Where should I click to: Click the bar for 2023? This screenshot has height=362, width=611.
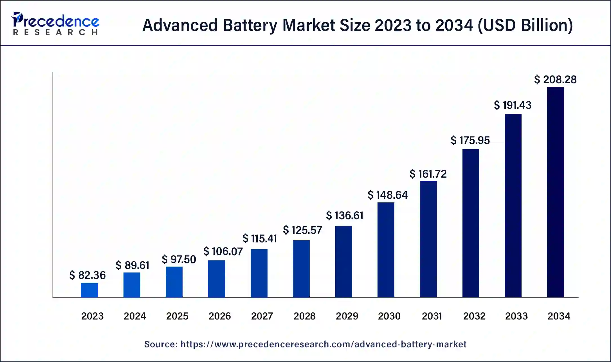89,290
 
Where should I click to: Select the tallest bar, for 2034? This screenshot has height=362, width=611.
555,192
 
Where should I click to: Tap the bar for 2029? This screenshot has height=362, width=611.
343,262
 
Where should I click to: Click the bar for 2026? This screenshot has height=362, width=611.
217,279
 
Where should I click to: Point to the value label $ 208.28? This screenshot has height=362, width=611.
555,80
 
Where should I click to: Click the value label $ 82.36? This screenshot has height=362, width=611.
87,275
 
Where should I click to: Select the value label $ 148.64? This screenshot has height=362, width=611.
388,195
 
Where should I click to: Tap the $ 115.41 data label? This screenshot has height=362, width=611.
260,239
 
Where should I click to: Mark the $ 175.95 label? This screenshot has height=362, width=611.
470,140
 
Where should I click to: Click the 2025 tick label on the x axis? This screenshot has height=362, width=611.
177,316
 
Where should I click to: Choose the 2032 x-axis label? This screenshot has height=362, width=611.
474,316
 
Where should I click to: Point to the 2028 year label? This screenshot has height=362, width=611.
304,316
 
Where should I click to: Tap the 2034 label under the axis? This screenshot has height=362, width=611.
559,316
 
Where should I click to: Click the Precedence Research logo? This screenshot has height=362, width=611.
55,24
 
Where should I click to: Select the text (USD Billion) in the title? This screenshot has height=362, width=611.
525,25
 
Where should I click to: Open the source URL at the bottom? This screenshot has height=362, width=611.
324,344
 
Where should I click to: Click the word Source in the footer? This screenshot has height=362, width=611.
161,344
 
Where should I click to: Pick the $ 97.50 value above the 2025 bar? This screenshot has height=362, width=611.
179,260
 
